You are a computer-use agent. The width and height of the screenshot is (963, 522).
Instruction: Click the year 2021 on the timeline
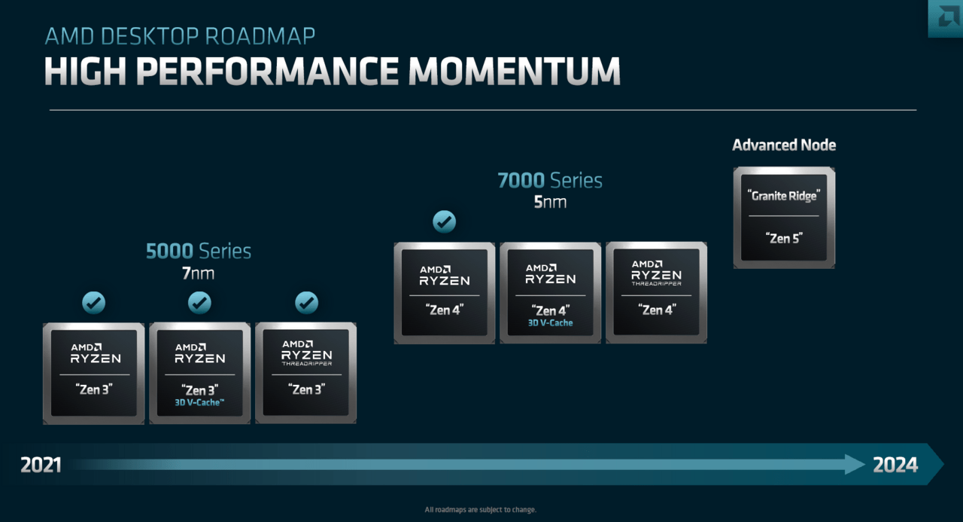[41, 465]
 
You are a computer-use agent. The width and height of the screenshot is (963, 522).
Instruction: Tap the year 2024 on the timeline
[895, 465]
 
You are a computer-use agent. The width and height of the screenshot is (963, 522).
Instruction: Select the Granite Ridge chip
[784, 217]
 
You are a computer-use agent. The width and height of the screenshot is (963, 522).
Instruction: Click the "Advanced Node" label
[784, 145]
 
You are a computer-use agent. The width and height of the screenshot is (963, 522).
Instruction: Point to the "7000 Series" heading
[550, 181]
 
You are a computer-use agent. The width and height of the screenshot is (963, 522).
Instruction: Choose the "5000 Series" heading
[199, 251]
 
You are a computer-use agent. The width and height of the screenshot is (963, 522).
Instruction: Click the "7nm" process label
[199, 273]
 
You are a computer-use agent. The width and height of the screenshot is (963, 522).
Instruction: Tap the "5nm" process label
[550, 202]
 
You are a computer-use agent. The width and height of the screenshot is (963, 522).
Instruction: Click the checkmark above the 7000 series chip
[444, 221]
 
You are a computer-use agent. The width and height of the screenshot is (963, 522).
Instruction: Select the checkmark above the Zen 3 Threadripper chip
[306, 303]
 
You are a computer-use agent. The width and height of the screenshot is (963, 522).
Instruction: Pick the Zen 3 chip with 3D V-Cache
[199, 373]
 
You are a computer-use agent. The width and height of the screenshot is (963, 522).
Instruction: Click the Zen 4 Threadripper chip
[656, 292]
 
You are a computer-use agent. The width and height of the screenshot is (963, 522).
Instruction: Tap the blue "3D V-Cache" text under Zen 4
[550, 323]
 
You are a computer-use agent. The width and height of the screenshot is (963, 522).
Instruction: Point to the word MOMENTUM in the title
[515, 71]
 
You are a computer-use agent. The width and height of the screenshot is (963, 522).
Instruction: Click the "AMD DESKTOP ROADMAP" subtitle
[180, 36]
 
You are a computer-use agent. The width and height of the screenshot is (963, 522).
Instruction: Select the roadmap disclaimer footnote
[481, 510]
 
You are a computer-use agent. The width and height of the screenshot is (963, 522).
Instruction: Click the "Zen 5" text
[784, 238]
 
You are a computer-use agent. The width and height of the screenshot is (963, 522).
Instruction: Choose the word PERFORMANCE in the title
[267, 71]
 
